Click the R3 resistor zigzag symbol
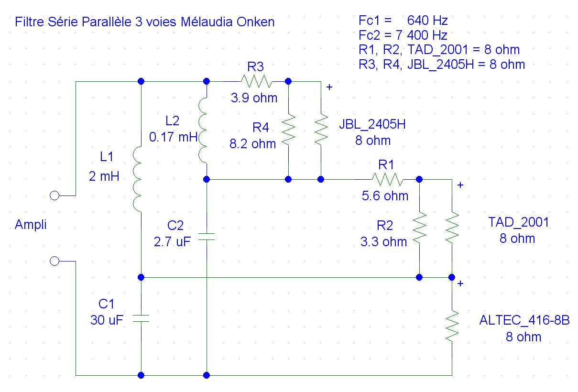tap(256, 81)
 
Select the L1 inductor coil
tap(138, 179)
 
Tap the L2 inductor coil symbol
tap(203, 131)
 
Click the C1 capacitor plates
tap(141, 318)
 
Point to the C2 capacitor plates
tap(207, 237)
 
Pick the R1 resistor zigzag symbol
tap(387, 179)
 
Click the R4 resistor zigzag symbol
tap(288, 129)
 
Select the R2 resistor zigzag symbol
tap(419, 228)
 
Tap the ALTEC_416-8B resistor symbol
tap(452, 326)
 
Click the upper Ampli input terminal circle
tap(55, 196)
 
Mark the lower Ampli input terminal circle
tap(55, 261)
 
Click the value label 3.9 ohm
tap(254, 98)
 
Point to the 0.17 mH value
tap(173, 137)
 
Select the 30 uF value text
tap(107, 320)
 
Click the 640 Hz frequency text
tap(427, 21)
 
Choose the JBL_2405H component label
tap(372, 124)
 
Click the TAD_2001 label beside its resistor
tap(519, 222)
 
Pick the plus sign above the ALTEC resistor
tap(460, 283)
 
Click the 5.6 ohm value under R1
tap(385, 196)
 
